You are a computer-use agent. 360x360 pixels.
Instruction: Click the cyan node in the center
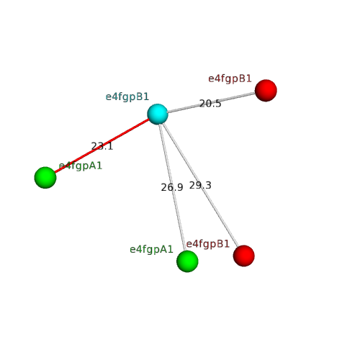pos(158,114)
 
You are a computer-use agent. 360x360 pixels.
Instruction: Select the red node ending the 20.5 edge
pos(266,91)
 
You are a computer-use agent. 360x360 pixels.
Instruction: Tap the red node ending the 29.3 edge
pos(243,256)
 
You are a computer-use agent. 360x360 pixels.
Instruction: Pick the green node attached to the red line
pos(45,178)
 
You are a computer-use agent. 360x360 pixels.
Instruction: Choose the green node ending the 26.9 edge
pos(187,261)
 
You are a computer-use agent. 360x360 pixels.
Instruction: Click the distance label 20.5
pos(210,104)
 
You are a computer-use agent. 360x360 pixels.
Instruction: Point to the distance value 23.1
pos(102,146)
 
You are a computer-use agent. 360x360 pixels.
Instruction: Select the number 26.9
pos(172,187)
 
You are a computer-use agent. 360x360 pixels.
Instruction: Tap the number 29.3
pos(200,185)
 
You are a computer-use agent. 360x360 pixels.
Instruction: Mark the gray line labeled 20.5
pos(211,102)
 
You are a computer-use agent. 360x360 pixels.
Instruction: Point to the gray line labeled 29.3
pos(200,185)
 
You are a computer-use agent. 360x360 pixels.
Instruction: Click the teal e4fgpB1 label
pos(127,97)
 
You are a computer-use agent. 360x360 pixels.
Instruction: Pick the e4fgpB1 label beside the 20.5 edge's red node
pos(230,78)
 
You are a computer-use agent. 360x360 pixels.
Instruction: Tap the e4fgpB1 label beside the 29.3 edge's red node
pos(208,244)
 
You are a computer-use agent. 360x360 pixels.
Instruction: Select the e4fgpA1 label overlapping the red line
pos(81,166)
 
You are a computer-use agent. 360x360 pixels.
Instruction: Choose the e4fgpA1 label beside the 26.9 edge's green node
pos(151,250)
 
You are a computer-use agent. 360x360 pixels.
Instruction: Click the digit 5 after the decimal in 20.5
pos(218,104)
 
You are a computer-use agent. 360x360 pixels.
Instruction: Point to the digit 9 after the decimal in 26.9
pos(180,187)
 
